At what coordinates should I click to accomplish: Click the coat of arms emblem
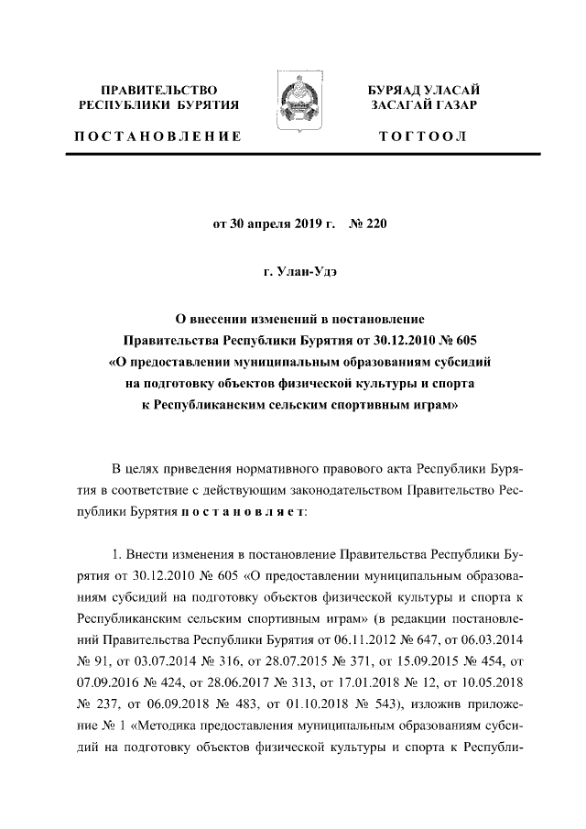tap(293, 108)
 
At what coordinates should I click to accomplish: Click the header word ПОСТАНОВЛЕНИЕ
tap(157, 136)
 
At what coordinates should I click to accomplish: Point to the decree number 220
tap(377, 222)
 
